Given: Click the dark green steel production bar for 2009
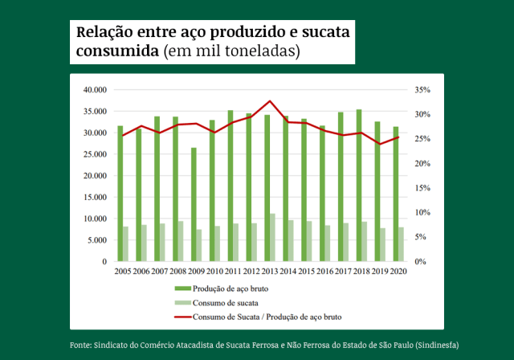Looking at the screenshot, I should (x=194, y=205).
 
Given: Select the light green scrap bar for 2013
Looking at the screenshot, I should (x=273, y=238).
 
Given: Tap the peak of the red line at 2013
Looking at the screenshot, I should (x=270, y=101).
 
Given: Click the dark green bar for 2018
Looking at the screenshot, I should (x=358, y=186).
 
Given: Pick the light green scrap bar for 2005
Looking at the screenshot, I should (x=126, y=244).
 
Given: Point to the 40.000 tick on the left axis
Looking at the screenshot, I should (x=96, y=89).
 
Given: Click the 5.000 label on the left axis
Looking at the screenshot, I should (x=97, y=240).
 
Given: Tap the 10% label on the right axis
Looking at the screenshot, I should (x=421, y=213).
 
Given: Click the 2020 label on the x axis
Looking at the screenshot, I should (x=397, y=272).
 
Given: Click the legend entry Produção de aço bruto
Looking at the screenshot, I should (x=236, y=288).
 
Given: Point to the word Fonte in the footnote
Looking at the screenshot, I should (x=82, y=345).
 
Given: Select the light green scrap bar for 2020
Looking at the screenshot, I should (x=402, y=244).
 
